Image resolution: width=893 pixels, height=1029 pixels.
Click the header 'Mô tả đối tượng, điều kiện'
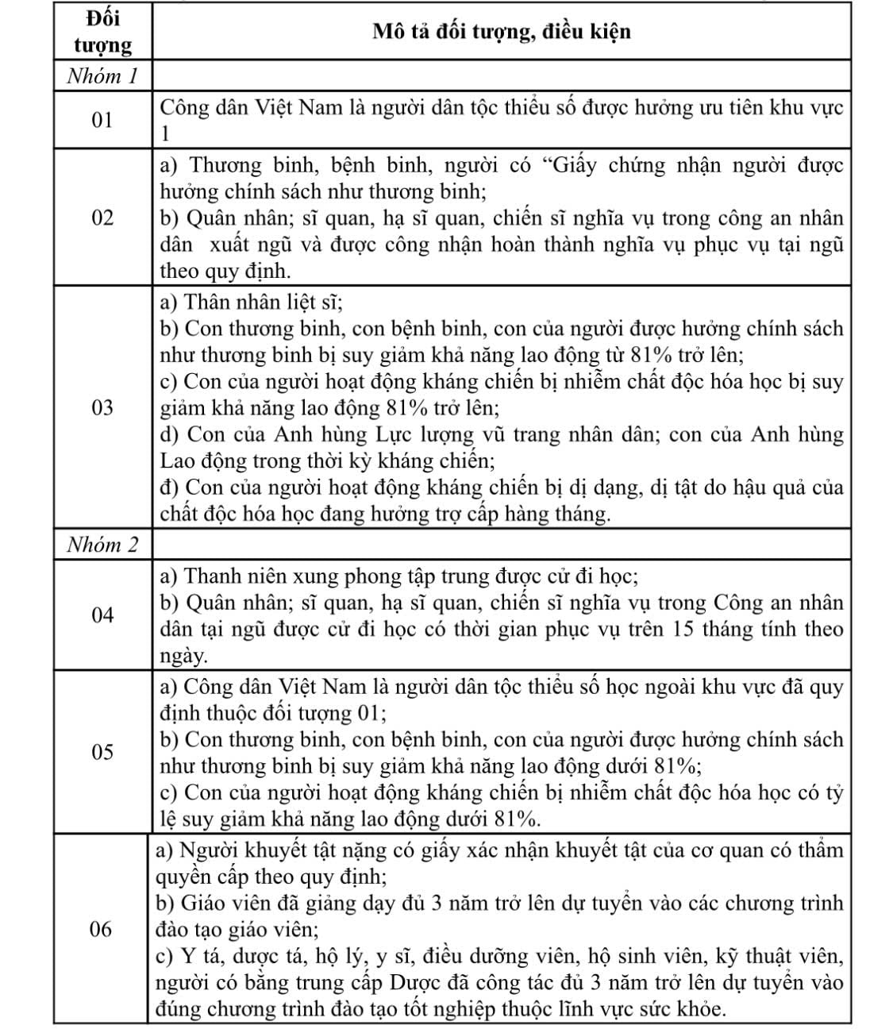click(502, 31)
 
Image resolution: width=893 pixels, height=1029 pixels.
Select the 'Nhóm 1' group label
click(103, 77)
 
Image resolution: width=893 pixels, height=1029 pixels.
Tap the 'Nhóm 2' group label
click(103, 545)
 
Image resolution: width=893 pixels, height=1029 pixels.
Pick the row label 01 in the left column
click(102, 121)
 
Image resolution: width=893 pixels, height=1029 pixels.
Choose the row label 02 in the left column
click(102, 218)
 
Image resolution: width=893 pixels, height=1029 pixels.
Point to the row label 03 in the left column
click(102, 408)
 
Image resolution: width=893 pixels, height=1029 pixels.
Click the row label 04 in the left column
click(102, 615)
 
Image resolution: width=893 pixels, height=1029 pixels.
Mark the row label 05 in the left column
click(102, 752)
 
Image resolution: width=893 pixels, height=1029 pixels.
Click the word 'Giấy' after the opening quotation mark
click(567, 165)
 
